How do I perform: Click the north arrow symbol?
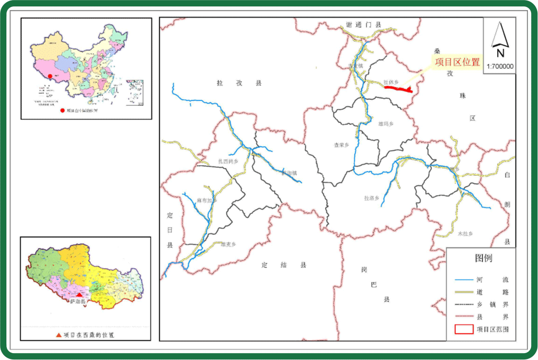pos(500,39)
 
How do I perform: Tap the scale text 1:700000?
pos(500,67)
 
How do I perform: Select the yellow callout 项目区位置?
pos(457,62)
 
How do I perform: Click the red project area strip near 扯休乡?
pos(398,89)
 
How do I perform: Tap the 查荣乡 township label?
pos(340,144)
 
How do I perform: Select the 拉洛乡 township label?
pos(371,198)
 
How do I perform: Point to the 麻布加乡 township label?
pos(207,201)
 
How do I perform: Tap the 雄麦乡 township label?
pos(227,244)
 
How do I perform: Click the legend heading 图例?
pos(483,259)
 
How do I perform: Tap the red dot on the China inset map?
pos(49,76)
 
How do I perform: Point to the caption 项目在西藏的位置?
pos(88,335)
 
